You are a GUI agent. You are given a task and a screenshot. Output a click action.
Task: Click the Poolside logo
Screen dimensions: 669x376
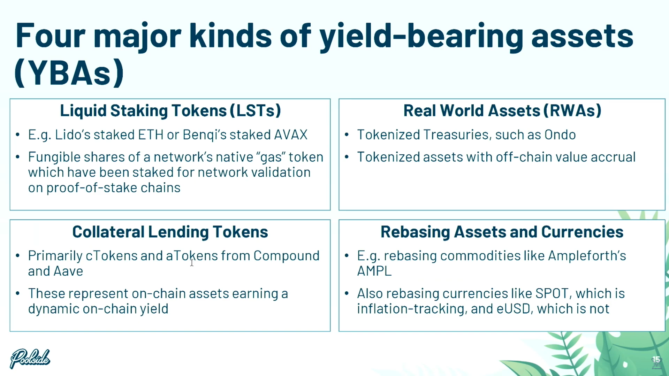click(x=30, y=359)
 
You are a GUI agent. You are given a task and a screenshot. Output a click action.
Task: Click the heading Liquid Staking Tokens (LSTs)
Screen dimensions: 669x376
click(x=170, y=111)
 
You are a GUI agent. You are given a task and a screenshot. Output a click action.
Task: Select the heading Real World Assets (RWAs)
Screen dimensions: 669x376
click(x=502, y=111)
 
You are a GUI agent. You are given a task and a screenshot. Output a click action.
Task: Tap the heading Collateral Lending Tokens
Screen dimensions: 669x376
click(x=170, y=232)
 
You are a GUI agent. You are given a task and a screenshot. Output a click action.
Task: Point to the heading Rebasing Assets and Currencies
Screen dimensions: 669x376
click(x=502, y=232)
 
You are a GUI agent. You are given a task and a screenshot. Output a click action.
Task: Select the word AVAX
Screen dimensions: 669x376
click(x=290, y=135)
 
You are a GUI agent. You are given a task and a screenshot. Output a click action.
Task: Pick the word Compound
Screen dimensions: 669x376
click(x=286, y=256)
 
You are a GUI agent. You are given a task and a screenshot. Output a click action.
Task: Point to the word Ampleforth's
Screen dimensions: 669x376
click(x=587, y=256)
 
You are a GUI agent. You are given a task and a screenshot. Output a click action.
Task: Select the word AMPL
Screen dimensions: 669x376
click(x=374, y=271)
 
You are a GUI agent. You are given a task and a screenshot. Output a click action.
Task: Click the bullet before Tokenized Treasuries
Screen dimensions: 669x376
click(x=347, y=135)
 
